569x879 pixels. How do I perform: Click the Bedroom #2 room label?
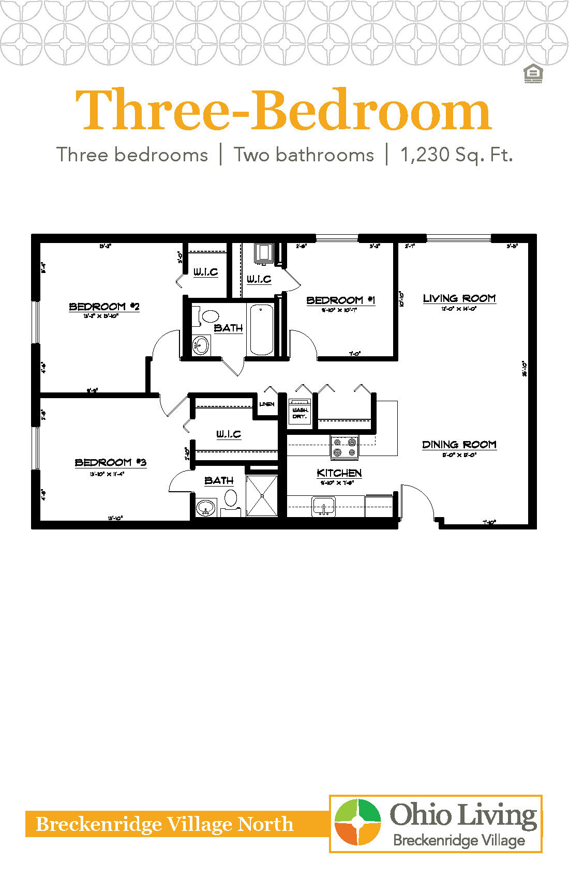104,307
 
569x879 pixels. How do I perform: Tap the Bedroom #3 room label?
110,462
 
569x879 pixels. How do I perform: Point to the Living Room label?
459,298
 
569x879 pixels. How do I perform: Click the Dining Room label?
459,445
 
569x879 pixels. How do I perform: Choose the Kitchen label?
339,473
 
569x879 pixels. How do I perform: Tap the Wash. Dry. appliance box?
300,412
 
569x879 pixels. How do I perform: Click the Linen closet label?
267,404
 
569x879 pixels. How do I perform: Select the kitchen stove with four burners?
345,447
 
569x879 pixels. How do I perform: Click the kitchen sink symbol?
324,506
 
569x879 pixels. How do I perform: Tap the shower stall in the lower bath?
262,495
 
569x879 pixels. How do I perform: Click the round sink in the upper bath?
200,345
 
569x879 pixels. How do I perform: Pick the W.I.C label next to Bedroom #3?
228,434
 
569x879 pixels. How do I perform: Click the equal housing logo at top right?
533,74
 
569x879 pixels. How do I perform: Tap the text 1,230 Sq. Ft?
456,155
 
